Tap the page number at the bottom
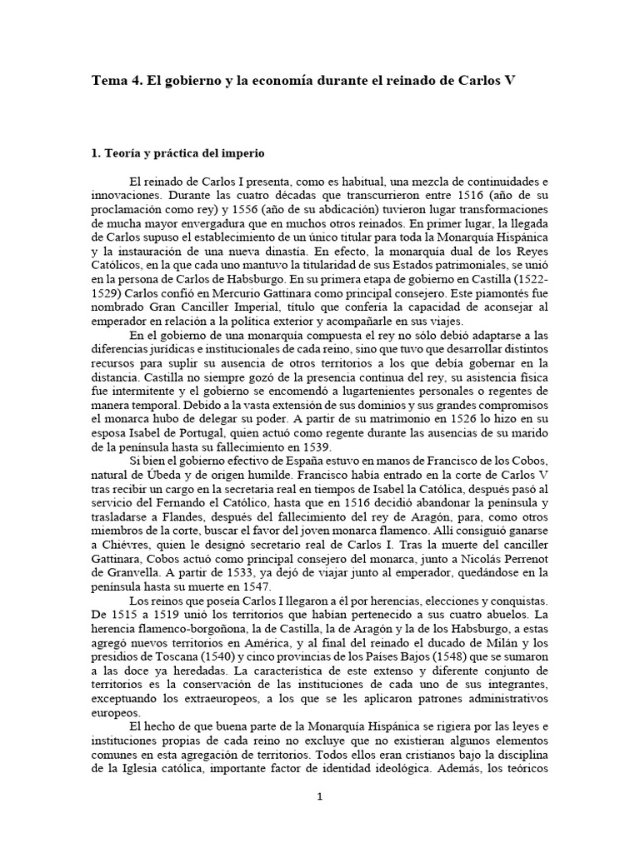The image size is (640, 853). pyautogui.click(x=320, y=797)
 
